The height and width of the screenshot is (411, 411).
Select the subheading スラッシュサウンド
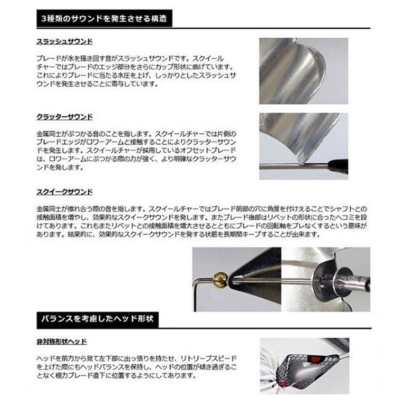(x=64, y=42)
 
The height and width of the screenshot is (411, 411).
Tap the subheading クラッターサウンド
(x=64, y=117)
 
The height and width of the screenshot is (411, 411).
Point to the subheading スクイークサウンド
(x=64, y=192)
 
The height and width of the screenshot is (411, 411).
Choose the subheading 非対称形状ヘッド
(x=61, y=341)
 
